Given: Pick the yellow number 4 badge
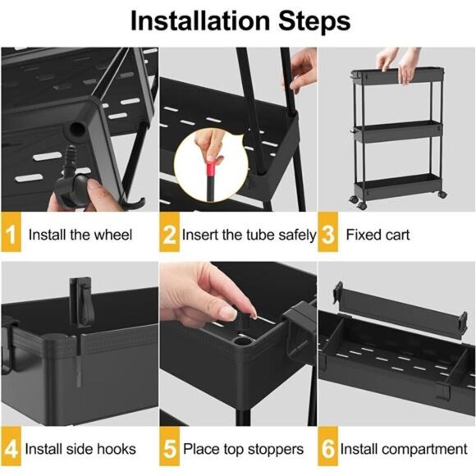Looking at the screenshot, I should coord(11,449).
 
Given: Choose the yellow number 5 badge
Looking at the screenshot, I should coord(169,449).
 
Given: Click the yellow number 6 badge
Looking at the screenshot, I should coord(327,449).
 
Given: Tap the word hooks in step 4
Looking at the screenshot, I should coord(118,449).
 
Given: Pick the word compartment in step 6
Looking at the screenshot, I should coord(427,449).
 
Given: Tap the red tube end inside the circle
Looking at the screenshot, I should coord(211,172).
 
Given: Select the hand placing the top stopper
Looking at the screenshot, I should coord(205,291).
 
